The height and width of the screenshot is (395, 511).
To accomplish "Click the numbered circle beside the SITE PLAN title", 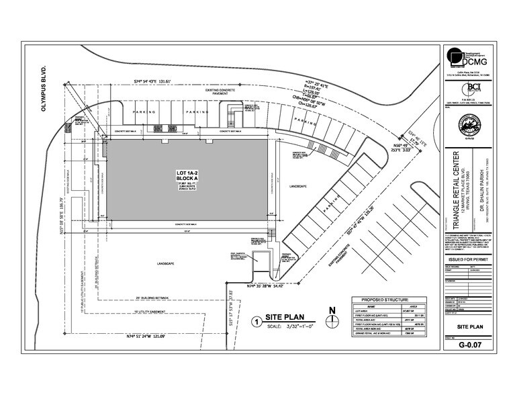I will click(254, 320).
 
